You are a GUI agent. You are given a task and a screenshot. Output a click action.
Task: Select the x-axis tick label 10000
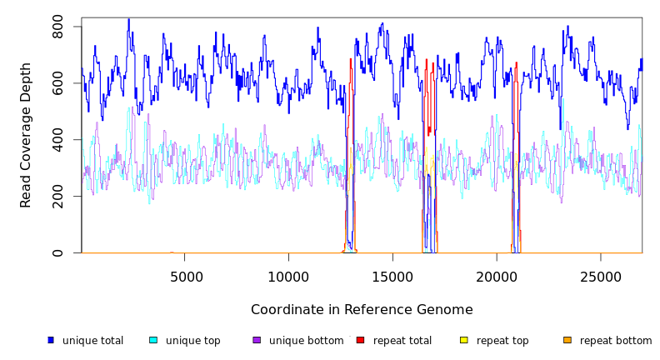click(x=289, y=277)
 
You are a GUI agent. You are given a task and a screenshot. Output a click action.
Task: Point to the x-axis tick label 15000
click(x=392, y=277)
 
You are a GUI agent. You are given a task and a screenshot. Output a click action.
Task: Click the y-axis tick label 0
click(x=57, y=253)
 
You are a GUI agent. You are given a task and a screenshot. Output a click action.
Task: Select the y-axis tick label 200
click(x=57, y=197)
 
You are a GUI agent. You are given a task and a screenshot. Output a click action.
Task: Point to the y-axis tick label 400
click(x=57, y=140)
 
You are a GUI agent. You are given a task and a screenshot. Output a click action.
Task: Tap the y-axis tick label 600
click(x=57, y=83)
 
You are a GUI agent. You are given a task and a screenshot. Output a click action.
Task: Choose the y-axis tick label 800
click(x=57, y=27)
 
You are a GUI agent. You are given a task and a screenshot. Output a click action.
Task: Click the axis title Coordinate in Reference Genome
click(x=362, y=310)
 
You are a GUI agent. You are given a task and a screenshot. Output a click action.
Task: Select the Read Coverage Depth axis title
click(x=26, y=135)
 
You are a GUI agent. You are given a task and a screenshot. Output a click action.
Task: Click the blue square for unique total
click(x=51, y=340)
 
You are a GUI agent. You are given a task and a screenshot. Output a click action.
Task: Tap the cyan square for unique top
click(x=153, y=340)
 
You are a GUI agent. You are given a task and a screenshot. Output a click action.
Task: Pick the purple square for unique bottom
click(x=257, y=340)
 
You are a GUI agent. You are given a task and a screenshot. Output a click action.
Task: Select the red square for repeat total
click(x=360, y=340)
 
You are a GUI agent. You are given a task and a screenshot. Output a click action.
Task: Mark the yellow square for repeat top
click(x=464, y=340)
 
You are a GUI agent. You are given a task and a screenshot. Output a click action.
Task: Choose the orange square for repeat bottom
click(x=567, y=340)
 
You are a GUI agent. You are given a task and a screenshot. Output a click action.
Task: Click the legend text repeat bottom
click(x=616, y=341)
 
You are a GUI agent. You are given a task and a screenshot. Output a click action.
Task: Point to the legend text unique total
click(x=92, y=341)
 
